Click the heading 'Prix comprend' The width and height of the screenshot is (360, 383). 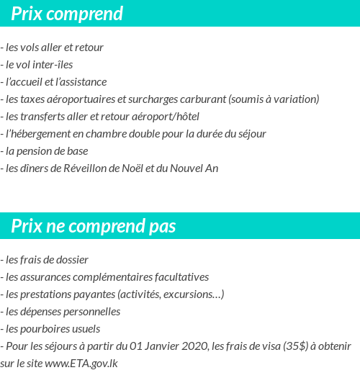(67, 14)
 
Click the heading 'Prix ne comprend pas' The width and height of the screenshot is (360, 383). (94, 226)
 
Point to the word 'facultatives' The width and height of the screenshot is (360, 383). (180, 276)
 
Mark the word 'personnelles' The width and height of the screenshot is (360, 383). (88, 311)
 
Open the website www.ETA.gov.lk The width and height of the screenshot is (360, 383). (81, 364)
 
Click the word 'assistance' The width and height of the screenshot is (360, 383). (83, 82)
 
